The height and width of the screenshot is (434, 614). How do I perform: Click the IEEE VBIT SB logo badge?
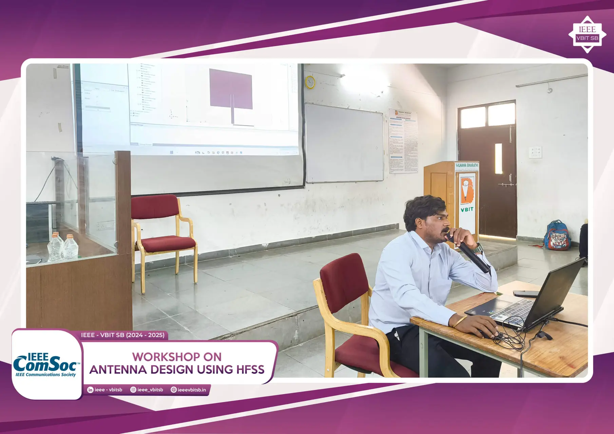pyautogui.click(x=587, y=34)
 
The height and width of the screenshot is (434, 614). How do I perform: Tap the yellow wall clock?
pyautogui.click(x=310, y=82)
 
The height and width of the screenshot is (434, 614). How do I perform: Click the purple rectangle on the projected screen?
pyautogui.click(x=231, y=89)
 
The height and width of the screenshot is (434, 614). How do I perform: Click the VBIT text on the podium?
pyautogui.click(x=467, y=210)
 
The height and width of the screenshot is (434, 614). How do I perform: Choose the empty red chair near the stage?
pyautogui.click(x=163, y=234)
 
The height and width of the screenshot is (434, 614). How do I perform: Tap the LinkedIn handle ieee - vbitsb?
pyautogui.click(x=105, y=390)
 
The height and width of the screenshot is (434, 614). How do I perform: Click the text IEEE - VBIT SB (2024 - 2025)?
pyautogui.click(x=123, y=335)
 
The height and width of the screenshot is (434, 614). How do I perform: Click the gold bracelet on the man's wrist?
pyautogui.click(x=460, y=320)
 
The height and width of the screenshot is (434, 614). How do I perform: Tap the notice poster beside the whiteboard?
pyautogui.click(x=403, y=141)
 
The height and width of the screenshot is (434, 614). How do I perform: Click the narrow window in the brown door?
pyautogui.click(x=498, y=158)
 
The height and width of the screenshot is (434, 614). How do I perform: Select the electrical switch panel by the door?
pyautogui.click(x=535, y=152)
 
